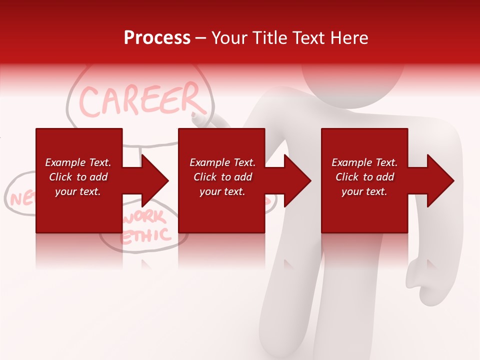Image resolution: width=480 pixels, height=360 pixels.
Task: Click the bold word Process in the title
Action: point(157,38)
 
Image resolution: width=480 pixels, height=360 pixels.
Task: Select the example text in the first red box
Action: point(78,177)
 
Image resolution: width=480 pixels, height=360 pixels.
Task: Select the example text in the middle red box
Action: point(222,177)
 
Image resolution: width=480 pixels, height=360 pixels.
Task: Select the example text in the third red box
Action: point(364,177)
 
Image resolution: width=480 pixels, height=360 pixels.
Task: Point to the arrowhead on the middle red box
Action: point(297,180)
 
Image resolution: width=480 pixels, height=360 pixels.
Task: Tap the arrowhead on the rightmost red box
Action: point(440,180)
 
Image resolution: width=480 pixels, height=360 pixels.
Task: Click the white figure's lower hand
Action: point(425,280)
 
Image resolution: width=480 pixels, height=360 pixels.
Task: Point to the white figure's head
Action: point(352,82)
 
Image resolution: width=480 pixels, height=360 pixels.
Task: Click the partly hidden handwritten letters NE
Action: point(20,198)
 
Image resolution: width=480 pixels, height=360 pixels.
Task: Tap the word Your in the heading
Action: point(229,38)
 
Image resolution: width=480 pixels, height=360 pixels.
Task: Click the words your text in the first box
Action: point(78,191)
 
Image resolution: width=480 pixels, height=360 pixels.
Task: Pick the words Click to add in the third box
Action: point(364,177)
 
